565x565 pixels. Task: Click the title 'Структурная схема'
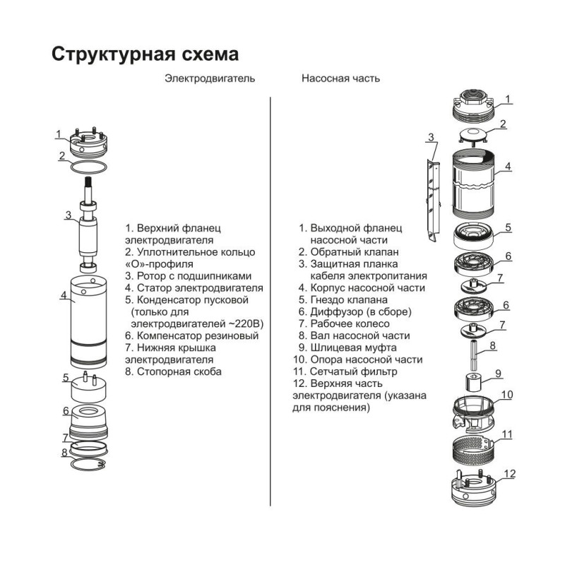pyautogui.click(x=145, y=55)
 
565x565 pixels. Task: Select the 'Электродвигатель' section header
pyautogui.click(x=210, y=78)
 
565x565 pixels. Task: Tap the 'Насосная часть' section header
pyautogui.click(x=340, y=78)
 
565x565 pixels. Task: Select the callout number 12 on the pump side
pyautogui.click(x=510, y=474)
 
